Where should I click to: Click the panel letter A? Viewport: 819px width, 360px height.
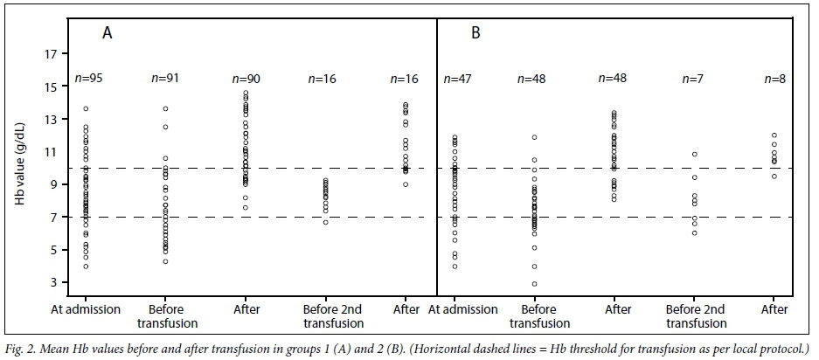click(x=108, y=34)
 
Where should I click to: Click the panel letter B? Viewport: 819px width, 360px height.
click(x=476, y=34)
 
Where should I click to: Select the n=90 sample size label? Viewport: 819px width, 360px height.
click(x=246, y=80)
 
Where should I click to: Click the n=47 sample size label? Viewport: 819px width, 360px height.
click(x=458, y=80)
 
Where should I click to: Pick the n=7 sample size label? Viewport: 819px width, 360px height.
click(x=693, y=80)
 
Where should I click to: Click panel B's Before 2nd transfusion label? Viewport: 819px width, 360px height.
click(x=695, y=316)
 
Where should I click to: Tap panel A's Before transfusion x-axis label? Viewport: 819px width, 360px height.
click(x=165, y=316)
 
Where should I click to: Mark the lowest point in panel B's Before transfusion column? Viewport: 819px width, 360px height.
click(x=534, y=284)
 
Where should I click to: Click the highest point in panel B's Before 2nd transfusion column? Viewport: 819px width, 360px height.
click(x=695, y=155)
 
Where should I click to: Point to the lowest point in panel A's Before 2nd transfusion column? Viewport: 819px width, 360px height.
click(x=326, y=222)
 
